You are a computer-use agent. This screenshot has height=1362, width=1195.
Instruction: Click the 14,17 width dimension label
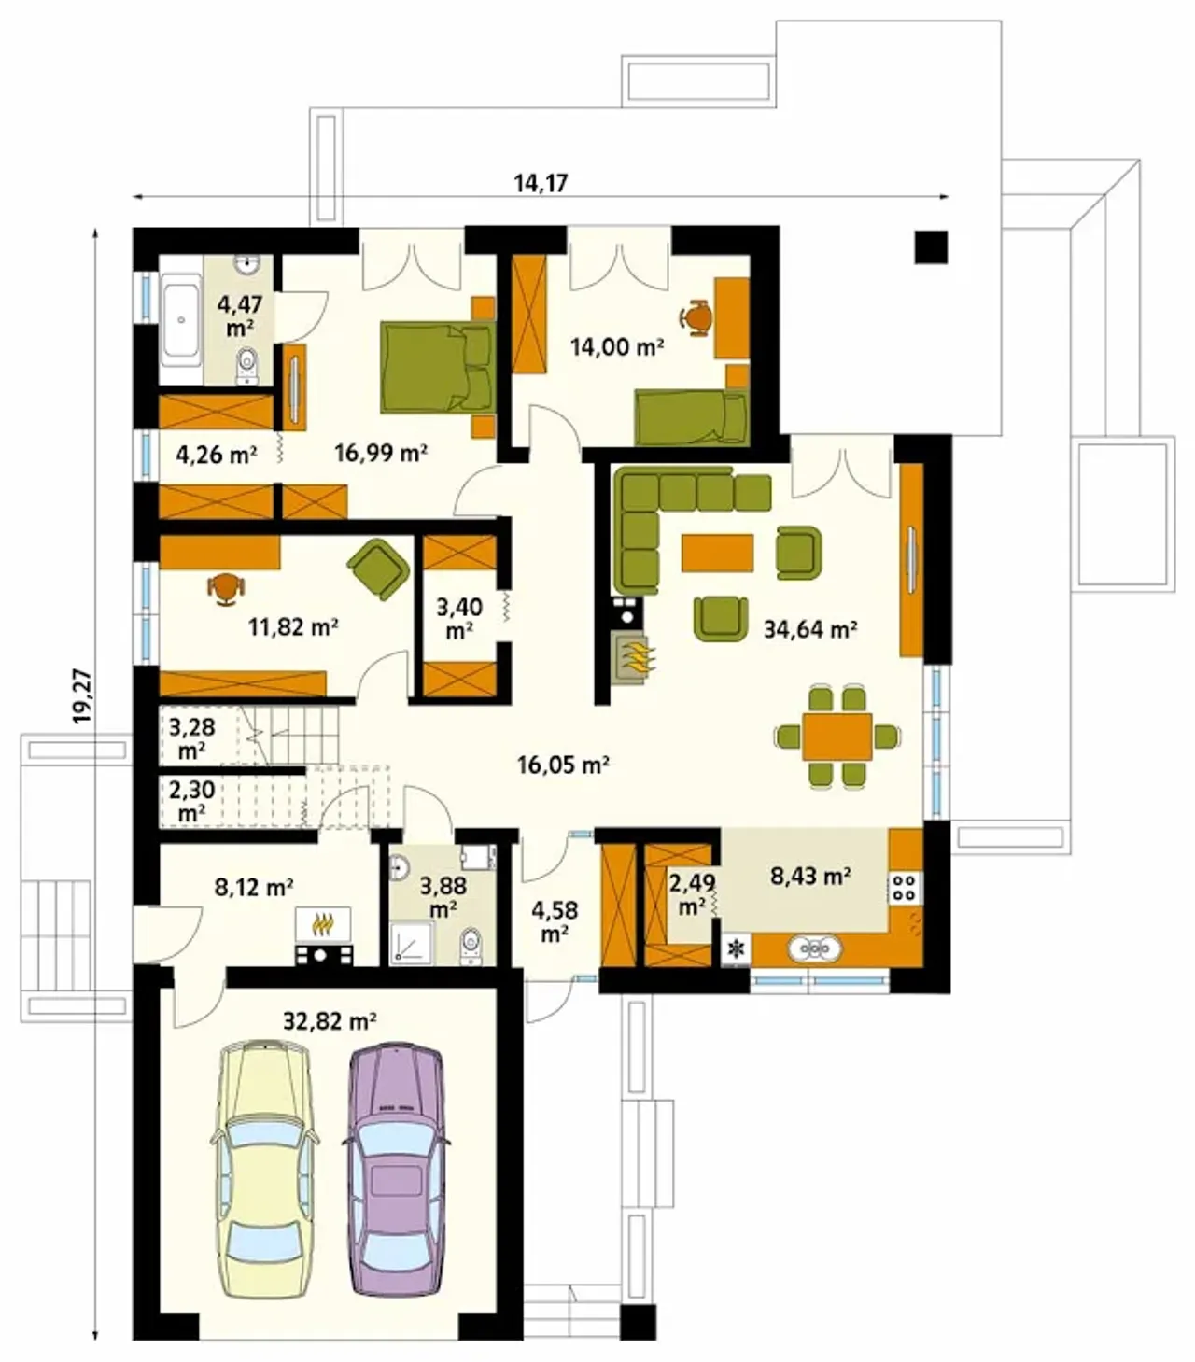click(x=540, y=182)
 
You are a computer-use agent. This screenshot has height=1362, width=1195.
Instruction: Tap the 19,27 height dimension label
click(x=83, y=695)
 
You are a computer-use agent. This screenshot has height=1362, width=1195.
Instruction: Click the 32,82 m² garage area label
click(x=330, y=1021)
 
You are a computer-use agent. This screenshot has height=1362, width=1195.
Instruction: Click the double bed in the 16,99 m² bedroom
click(x=438, y=367)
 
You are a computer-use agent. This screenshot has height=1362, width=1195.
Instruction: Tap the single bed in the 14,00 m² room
click(x=692, y=418)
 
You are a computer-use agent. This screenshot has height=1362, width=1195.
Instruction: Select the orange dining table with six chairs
click(x=837, y=736)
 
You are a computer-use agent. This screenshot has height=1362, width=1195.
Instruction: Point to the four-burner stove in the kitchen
click(x=906, y=887)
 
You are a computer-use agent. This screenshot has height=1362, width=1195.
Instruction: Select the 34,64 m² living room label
click(x=809, y=629)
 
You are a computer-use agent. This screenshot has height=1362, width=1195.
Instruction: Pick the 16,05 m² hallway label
click(x=563, y=765)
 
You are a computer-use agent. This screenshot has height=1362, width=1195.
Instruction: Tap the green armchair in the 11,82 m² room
click(x=379, y=569)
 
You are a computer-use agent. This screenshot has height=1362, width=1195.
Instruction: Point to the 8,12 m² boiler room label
click(x=254, y=888)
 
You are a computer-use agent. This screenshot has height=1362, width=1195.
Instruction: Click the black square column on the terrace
click(x=931, y=246)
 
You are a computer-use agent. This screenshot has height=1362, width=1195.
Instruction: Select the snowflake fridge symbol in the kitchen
click(x=737, y=948)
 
